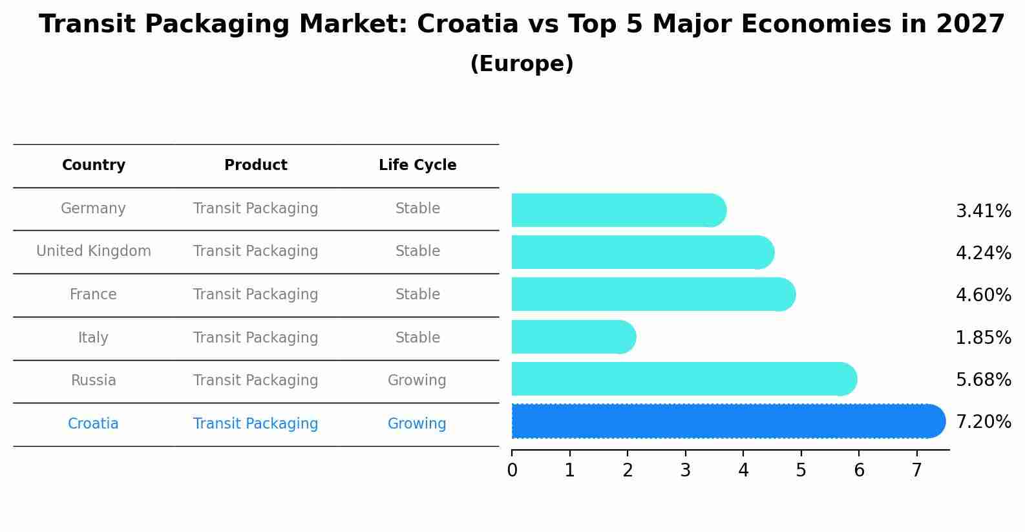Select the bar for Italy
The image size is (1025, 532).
tap(573, 337)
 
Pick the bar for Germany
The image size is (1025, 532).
tap(618, 210)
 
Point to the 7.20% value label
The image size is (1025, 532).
tap(983, 422)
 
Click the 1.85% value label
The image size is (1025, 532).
tap(983, 337)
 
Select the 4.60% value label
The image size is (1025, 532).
tap(983, 295)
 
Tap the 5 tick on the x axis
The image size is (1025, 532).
tap(801, 471)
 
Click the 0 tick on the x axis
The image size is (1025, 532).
tap(512, 471)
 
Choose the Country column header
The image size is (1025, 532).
tap(94, 165)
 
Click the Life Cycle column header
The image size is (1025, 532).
tap(417, 165)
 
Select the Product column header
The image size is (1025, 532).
tap(255, 165)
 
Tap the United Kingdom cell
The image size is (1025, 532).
tap(94, 251)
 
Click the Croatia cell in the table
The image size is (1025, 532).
tap(93, 424)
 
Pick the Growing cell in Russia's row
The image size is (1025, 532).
tap(417, 381)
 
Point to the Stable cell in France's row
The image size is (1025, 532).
tap(417, 295)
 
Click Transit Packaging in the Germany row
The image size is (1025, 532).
tap(255, 209)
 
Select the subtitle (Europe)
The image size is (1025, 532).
tap(522, 64)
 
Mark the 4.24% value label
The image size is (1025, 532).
tap(983, 253)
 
